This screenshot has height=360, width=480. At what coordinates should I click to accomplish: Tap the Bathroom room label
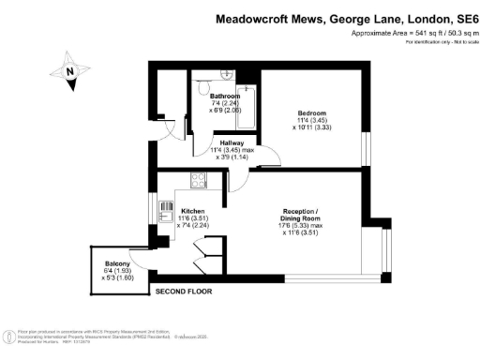(225, 96)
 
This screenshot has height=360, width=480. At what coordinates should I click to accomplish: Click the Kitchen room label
(193, 211)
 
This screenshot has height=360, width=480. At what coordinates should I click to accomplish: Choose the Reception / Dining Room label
(307, 215)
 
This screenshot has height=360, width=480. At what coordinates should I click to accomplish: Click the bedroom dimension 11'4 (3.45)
(310, 120)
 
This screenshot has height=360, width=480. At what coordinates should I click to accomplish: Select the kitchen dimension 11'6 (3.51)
(193, 217)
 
